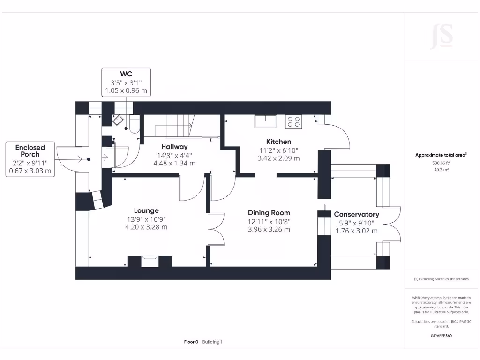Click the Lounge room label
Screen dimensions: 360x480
146,210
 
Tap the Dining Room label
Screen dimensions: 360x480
269,212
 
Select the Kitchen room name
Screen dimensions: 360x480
278,142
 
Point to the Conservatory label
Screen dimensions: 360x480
356,214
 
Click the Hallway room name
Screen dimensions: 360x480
174,147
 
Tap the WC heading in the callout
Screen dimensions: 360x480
126,74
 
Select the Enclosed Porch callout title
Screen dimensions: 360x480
30,150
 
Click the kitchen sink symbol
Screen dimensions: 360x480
265,121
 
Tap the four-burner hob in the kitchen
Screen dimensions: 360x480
294,122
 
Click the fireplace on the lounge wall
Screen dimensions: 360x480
150,261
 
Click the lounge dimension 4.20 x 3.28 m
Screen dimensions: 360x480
146,227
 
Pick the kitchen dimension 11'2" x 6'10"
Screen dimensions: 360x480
278,150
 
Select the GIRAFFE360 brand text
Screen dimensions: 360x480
442,336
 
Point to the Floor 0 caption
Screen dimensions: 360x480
191,342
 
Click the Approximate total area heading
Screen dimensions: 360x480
441,155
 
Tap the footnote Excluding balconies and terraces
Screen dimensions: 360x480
441,279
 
